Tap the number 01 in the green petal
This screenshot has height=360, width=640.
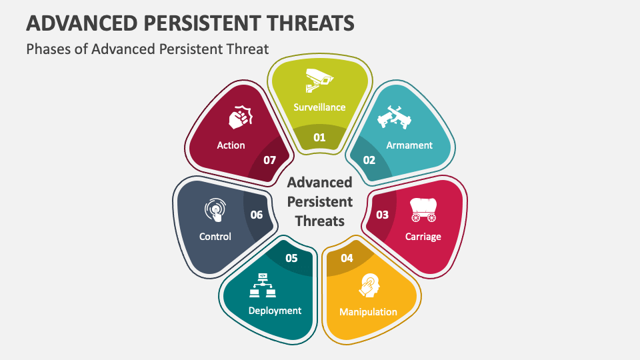(320, 138)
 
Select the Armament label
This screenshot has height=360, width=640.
(409, 145)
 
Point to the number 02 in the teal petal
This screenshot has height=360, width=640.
(369, 160)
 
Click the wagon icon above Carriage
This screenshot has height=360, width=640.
(423, 209)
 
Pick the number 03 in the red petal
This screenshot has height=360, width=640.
(383, 215)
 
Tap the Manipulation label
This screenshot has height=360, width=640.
(368, 311)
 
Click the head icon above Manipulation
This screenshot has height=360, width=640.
(368, 285)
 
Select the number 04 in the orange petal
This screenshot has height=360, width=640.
(347, 258)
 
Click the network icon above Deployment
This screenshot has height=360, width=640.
(262, 285)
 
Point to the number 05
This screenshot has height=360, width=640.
(291, 258)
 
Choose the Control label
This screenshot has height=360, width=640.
(215, 236)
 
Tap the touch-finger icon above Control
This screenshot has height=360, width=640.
(215, 210)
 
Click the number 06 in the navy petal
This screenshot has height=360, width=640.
(257, 215)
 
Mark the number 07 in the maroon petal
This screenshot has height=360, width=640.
(269, 160)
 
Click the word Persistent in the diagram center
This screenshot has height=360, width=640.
(319, 201)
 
